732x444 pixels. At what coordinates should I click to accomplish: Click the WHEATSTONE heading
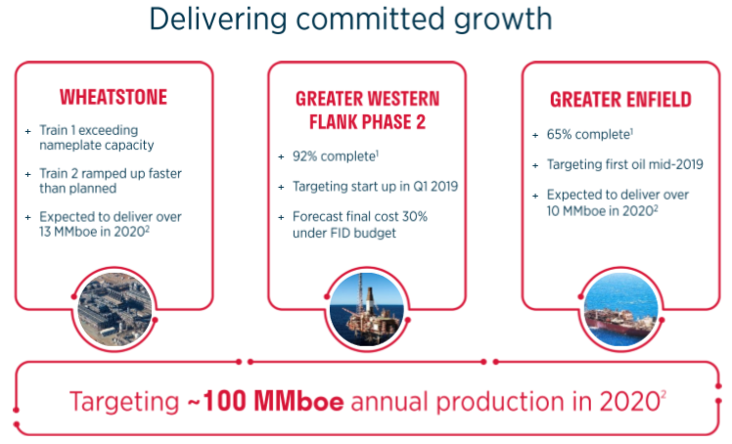pyautogui.click(x=114, y=97)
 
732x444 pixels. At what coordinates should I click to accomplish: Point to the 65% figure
pyautogui.click(x=559, y=134)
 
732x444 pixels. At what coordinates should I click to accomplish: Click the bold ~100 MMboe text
pyautogui.click(x=265, y=401)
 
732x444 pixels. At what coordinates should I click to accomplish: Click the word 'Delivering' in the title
pyautogui.click(x=218, y=21)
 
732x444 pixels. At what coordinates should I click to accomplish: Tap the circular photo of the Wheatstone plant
pyautogui.click(x=114, y=308)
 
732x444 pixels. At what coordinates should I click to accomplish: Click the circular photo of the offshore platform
pyautogui.click(x=367, y=308)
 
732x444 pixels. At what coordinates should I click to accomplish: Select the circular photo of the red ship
pyautogui.click(x=620, y=308)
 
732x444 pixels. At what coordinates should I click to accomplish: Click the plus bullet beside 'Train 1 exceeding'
pyautogui.click(x=28, y=131)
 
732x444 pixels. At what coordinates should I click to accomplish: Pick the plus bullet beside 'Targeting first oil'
pyautogui.click(x=535, y=165)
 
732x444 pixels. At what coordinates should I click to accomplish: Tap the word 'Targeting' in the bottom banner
pyautogui.click(x=124, y=402)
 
